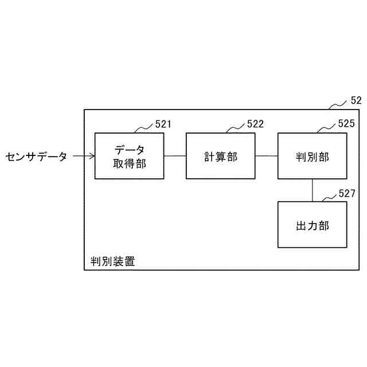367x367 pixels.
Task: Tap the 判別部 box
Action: tap(313, 156)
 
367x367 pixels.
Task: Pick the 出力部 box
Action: tap(313, 225)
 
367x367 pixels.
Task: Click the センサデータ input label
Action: tap(36, 156)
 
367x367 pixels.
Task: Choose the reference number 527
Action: tap(347, 193)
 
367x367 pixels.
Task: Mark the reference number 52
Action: tap(356, 100)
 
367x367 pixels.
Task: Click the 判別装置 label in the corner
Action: tap(113, 261)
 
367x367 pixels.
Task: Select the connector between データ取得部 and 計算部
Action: tap(175, 156)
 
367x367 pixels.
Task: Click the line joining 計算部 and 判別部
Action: tap(267, 156)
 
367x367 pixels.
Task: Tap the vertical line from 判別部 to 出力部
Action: tap(313, 190)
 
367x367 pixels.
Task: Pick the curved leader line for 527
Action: tap(328, 197)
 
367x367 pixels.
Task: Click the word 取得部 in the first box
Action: tap(129, 163)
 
